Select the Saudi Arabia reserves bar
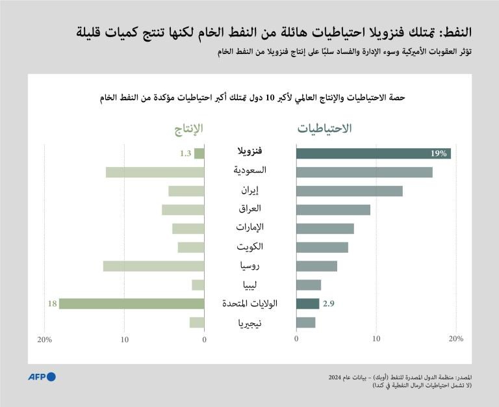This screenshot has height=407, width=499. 364,172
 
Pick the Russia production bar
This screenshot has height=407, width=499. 153,266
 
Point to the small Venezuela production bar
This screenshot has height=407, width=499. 199,154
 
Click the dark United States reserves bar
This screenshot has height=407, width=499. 307,304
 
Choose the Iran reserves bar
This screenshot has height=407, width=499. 349,191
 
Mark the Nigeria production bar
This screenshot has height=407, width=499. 197,322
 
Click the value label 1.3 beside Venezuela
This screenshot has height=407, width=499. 185,154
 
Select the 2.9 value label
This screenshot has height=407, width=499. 328,304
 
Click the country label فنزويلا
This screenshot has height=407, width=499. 250,153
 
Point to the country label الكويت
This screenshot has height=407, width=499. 250,247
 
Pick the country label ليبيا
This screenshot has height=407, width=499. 250,285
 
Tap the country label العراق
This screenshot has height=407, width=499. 250,209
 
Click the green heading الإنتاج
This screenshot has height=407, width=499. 188,129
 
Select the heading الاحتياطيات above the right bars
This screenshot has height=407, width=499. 325,129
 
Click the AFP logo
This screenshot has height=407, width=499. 42,377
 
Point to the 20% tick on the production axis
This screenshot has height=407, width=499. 44,339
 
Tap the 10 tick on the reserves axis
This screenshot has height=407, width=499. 376,339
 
